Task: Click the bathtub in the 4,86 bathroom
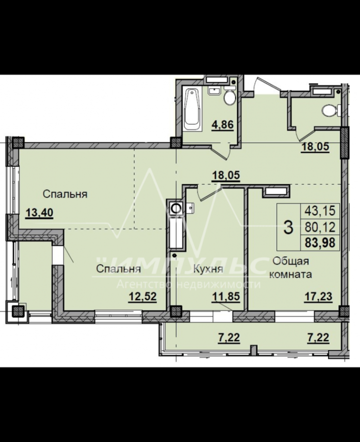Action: [193, 109]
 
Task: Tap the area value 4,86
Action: [223, 124]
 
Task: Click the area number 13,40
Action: [39, 212]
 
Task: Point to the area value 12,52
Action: [143, 296]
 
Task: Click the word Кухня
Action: [208, 269]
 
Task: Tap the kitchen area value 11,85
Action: [226, 296]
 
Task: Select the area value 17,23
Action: [318, 296]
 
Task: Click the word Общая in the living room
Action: [290, 261]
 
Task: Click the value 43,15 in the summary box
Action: [320, 211]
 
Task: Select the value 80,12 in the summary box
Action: [320, 226]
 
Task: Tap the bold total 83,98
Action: [320, 243]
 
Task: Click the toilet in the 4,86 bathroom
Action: [230, 96]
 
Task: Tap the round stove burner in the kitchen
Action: [176, 209]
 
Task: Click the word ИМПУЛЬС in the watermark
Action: [180, 266]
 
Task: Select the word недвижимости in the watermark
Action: [218, 284]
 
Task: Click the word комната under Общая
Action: [290, 274]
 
